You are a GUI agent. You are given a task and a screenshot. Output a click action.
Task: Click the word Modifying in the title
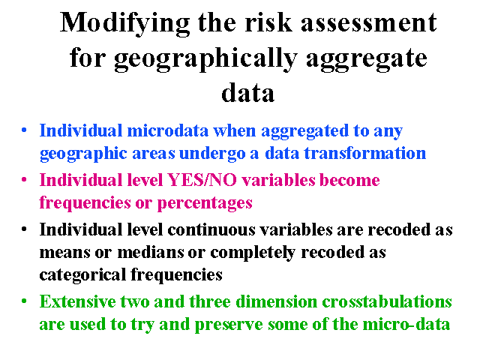tap(125, 24)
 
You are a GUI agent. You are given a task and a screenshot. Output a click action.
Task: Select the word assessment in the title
tap(369, 22)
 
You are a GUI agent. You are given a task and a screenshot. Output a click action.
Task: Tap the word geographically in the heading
tap(205, 59)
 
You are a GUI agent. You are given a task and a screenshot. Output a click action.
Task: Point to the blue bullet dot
tap(24, 130)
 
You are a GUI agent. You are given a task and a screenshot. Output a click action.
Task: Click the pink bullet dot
tap(24, 179)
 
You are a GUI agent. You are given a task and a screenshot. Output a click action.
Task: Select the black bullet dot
tap(24, 229)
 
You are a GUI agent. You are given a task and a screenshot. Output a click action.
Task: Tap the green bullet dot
tap(24, 301)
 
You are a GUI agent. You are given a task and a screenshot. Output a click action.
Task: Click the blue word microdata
tap(168, 130)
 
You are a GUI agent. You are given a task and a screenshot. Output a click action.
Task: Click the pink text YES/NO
tap(202, 180)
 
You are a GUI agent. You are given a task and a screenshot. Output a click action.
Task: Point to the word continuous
tap(211, 229)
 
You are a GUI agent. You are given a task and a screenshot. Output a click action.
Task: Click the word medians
tap(151, 252)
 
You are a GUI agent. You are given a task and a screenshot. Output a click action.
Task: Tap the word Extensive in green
tap(78, 301)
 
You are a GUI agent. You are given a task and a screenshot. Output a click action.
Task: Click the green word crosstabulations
tap(387, 301)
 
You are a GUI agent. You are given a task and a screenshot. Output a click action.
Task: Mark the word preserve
tap(229, 325)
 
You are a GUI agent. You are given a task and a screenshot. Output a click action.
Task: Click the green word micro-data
tap(406, 324)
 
